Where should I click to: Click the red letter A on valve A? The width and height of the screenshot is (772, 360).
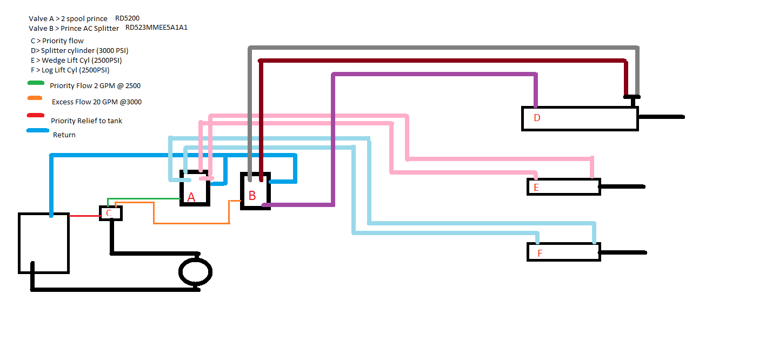[x=191, y=198]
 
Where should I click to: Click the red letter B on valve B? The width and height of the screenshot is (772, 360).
[x=252, y=196]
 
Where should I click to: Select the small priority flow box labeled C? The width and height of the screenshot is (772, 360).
[x=110, y=213]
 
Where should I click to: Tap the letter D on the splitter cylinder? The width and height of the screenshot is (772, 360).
[x=537, y=118]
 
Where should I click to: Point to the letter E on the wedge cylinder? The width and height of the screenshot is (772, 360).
[x=536, y=188]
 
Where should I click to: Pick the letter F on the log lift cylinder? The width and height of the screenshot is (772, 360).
[x=540, y=253]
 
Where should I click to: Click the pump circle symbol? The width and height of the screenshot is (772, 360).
[x=195, y=272]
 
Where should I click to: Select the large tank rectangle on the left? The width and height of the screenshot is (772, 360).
[x=44, y=243]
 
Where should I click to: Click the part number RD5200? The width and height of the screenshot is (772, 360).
[x=127, y=18]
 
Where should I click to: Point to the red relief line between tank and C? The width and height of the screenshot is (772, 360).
[x=84, y=216]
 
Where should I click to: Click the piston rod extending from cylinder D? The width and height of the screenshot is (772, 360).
[x=661, y=117]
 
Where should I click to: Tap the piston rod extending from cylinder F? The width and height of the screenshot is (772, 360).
[x=623, y=252]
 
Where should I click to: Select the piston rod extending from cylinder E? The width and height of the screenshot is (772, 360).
[x=622, y=186]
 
